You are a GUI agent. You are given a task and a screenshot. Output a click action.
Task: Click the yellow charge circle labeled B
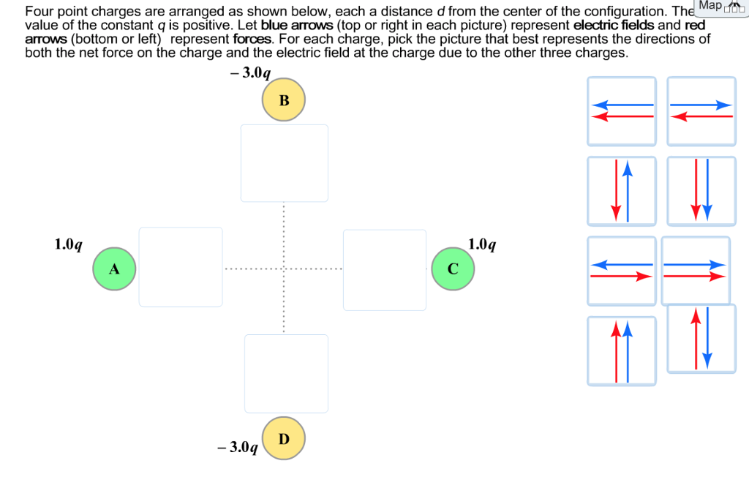284,100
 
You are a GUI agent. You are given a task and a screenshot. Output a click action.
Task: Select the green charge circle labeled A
114,269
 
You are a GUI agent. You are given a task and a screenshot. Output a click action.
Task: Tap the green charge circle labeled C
453,269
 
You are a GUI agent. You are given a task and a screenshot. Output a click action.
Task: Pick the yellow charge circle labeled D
284,438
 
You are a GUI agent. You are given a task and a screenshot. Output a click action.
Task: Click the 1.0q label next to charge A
69,244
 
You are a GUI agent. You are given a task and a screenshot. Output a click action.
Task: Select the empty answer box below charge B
284,162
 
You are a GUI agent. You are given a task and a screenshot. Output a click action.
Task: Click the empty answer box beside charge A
181,267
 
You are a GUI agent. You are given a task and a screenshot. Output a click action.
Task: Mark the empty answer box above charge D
286,373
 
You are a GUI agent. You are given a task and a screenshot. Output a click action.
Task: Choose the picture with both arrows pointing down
701,191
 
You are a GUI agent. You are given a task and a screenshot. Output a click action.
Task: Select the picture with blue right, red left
701,110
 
